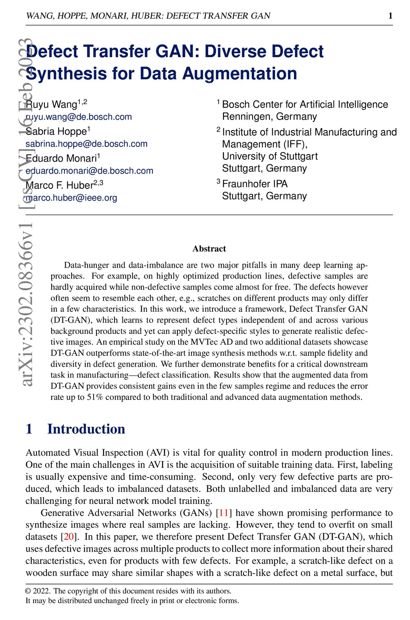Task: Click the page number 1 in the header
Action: pyautogui.click(x=390, y=16)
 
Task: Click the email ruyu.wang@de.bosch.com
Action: pyautogui.click(x=79, y=117)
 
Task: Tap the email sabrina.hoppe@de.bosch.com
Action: pyautogui.click(x=86, y=144)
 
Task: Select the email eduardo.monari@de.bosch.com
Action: pyautogui.click(x=89, y=171)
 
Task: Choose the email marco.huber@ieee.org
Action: pyautogui.click(x=71, y=198)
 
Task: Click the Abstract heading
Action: pyautogui.click(x=209, y=249)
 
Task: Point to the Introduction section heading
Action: pyautogui.click(x=86, y=429)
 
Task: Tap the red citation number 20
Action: pyautogui.click(x=69, y=537)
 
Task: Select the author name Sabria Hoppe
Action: pyautogui.click(x=56, y=131)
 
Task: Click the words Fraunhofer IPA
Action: pyautogui.click(x=255, y=184)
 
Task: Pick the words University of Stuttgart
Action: pyautogui.click(x=270, y=157)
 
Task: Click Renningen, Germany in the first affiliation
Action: pyautogui.click(x=269, y=117)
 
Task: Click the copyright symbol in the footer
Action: pyautogui.click(x=28, y=591)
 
